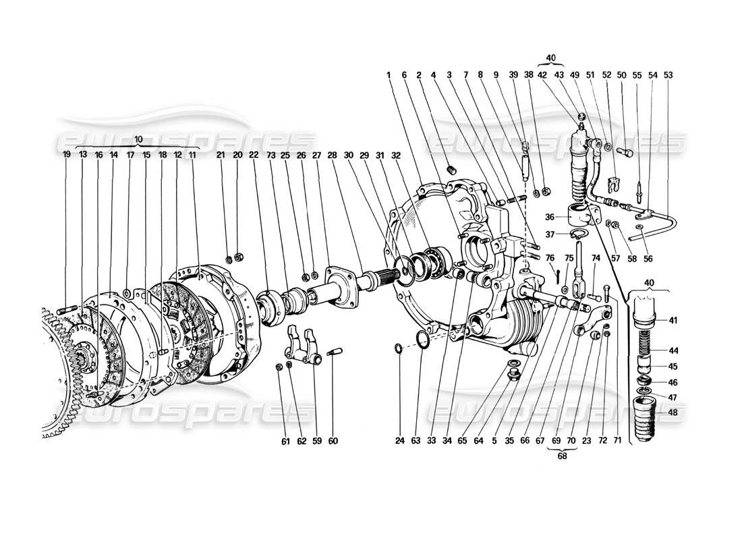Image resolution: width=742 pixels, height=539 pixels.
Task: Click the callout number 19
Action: [67, 154]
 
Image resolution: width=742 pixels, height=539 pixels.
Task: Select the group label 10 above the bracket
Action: [138, 139]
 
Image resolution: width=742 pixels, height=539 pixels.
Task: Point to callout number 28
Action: [332, 154]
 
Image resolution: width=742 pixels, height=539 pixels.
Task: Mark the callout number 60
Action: [333, 441]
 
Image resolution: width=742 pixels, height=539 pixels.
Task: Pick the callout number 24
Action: [399, 441]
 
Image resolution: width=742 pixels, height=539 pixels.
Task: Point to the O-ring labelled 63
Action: [422, 340]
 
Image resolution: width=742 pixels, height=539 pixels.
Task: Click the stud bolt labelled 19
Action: [69, 311]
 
